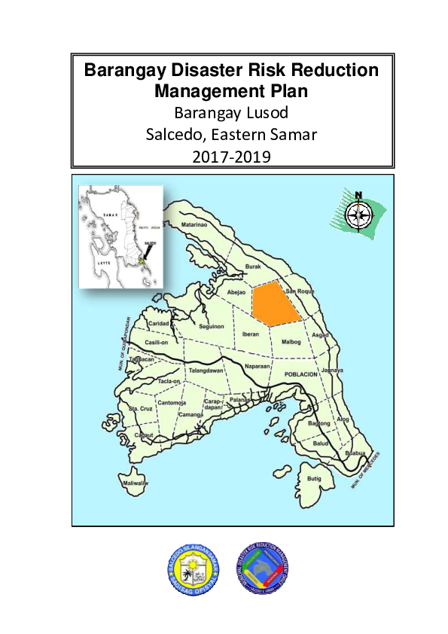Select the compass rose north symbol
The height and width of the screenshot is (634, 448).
358,213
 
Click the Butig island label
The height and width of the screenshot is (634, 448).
314,479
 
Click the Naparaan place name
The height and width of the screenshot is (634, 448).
257,365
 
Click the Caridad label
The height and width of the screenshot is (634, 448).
158,322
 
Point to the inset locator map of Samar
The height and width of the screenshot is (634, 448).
121,237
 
